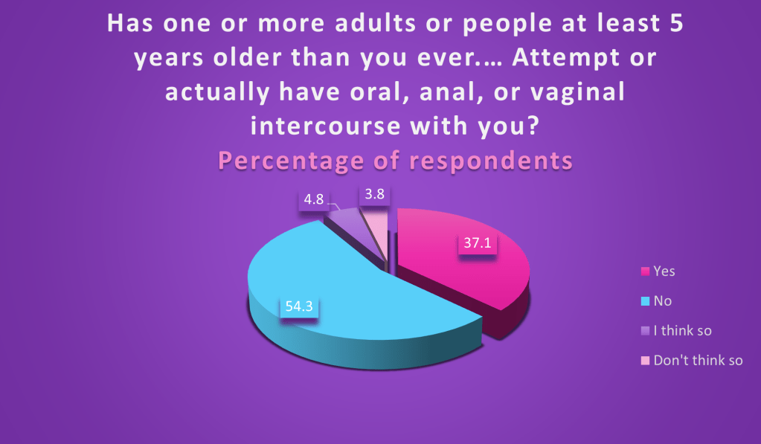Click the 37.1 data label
pyautogui.click(x=478, y=242)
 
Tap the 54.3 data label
pyautogui.click(x=299, y=306)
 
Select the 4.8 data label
pyautogui.click(x=313, y=199)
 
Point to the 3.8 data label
pyautogui.click(x=374, y=194)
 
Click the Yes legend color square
pyautogui.click(x=645, y=271)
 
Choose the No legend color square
pyautogui.click(x=645, y=301)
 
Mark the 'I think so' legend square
pyautogui.click(x=645, y=331)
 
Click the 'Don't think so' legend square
pyautogui.click(x=645, y=361)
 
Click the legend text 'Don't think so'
pyautogui.click(x=698, y=361)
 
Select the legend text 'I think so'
pyautogui.click(x=682, y=331)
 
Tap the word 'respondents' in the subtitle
pyautogui.click(x=491, y=161)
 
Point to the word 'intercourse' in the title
pyautogui.click(x=325, y=126)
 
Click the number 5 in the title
pyautogui.click(x=676, y=23)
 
